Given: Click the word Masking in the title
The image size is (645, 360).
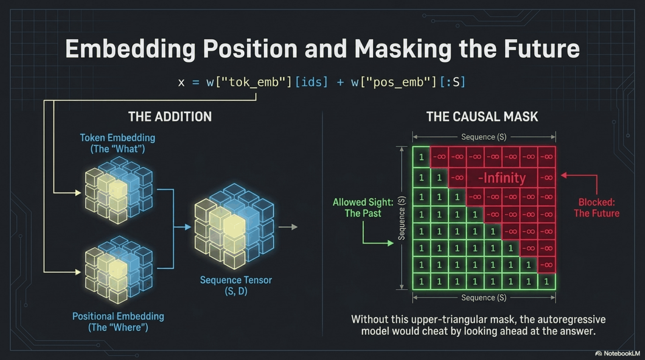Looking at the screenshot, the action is (403, 49).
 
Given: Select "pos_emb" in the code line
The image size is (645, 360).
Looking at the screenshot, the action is (398, 82).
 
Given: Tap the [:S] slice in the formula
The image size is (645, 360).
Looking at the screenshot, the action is (452, 82).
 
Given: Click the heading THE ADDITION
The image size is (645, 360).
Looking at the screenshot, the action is (170, 117).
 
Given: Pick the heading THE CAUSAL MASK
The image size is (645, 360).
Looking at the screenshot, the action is (482, 117).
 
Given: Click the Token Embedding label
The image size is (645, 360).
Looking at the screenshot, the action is (118, 143).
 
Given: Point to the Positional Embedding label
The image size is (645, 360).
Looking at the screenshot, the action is (118, 322).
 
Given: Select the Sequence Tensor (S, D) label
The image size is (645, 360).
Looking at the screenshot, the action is (236, 285).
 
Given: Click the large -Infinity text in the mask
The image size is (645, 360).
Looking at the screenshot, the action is (502, 178).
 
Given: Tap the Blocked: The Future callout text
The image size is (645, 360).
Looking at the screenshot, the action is (597, 208).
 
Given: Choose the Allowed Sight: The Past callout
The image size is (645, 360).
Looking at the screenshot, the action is (363, 208).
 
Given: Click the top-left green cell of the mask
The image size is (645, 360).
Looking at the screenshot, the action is (421, 157).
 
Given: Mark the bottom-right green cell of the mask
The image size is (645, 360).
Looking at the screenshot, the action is (546, 281).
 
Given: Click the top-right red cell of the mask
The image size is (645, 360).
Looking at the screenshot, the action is (546, 157).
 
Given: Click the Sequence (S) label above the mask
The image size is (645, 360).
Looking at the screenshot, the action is (484, 137).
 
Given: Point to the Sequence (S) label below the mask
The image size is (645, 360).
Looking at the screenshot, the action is (484, 297).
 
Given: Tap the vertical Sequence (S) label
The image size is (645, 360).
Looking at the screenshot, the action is (401, 218).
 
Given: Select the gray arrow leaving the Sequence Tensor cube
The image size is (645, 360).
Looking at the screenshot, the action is (288, 227).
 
